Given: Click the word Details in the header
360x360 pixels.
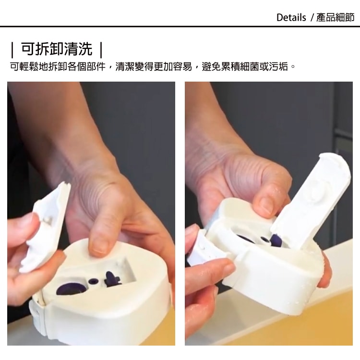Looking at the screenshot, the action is pyautogui.click(x=291, y=17).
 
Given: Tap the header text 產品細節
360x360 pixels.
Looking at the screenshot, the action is pyautogui.click(x=336, y=17).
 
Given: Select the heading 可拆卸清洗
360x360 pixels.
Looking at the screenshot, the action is pyautogui.click(x=57, y=49).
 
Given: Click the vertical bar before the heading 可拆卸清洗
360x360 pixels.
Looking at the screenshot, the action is pyautogui.click(x=12, y=49).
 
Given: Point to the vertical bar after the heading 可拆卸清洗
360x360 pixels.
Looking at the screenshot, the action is pyautogui.click(x=101, y=49).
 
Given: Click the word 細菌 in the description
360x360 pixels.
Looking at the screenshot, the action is pyautogui.click(x=250, y=67).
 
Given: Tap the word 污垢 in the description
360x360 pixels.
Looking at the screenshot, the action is pyautogui.click(x=278, y=67).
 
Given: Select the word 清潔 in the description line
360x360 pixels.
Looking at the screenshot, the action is pyautogui.click(x=125, y=67).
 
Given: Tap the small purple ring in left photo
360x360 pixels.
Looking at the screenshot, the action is pyautogui.click(x=93, y=281).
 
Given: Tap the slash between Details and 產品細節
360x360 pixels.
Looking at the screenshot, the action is pyautogui.click(x=312, y=18).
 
